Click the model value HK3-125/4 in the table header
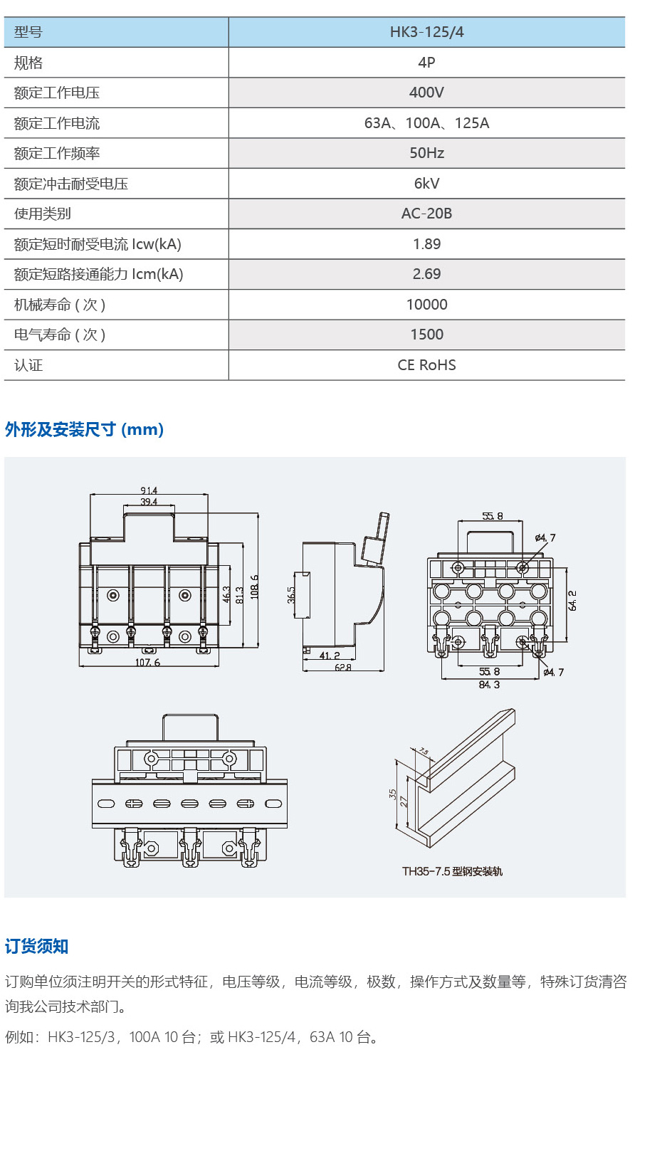[426, 32]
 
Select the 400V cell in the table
[426, 93]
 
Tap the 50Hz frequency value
[426, 153]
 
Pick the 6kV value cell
[426, 184]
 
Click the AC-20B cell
[426, 214]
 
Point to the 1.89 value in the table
[426, 244]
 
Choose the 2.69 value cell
[426, 274]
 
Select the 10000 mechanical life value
[426, 305]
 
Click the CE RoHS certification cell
[426, 365]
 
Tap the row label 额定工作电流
[57, 123]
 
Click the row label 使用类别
[43, 214]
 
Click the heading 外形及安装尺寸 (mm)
[84, 430]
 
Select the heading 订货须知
[37, 946]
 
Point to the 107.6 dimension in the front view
[147, 663]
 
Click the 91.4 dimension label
[149, 490]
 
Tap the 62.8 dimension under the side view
[343, 668]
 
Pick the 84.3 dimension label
[489, 685]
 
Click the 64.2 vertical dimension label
[572, 600]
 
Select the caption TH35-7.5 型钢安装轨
[452, 871]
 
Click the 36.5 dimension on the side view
[291, 595]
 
